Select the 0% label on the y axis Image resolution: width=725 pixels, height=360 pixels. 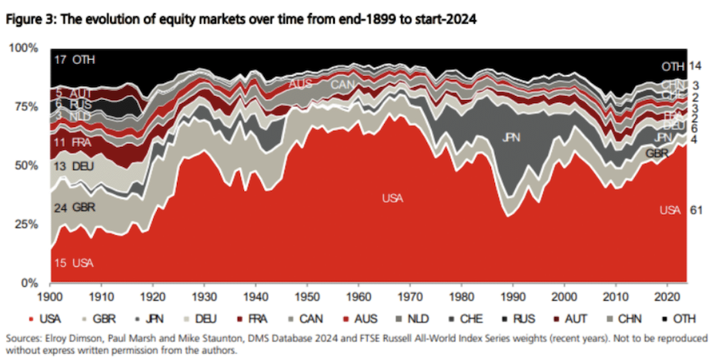point(25,283)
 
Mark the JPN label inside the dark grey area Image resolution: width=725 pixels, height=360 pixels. point(512,138)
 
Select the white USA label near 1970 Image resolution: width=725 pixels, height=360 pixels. point(393,198)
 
